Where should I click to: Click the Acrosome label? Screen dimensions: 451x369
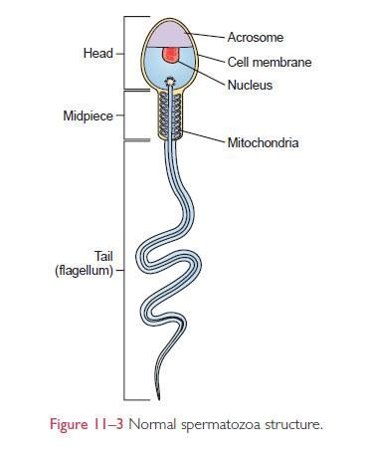(x=256, y=37)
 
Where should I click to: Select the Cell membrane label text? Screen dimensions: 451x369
(x=268, y=62)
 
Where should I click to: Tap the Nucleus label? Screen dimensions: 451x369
(x=250, y=86)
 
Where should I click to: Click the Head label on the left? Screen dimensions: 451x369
(x=96, y=52)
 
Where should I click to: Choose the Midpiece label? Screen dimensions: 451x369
(x=88, y=116)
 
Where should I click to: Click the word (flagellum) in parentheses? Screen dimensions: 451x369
(x=84, y=270)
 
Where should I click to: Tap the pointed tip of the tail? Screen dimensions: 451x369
(x=156, y=397)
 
